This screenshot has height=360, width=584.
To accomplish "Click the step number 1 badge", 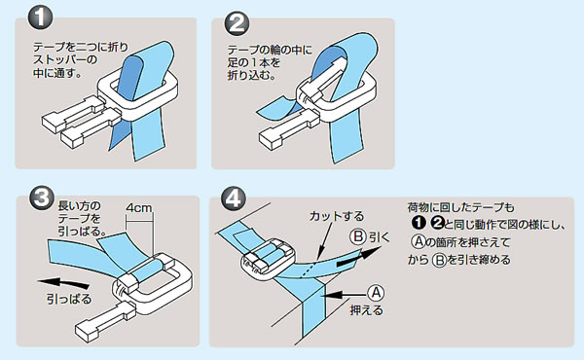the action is (x=40, y=18).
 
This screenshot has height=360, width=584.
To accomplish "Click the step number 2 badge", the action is (x=237, y=22).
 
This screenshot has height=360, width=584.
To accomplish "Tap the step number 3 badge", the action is (x=41, y=198).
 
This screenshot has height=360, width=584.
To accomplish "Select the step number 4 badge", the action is (x=234, y=198).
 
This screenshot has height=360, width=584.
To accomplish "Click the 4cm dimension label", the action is (x=139, y=207).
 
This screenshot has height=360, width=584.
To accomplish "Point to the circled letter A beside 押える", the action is (x=376, y=293).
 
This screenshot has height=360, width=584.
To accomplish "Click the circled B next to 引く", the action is (x=358, y=236).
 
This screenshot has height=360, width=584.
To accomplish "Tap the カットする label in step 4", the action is (x=337, y=216).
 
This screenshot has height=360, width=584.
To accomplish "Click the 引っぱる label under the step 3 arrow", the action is (x=69, y=300).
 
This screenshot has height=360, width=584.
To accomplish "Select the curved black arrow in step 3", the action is (x=63, y=283).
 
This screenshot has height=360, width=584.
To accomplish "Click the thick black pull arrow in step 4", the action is (x=359, y=257).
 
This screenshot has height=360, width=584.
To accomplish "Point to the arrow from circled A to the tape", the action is (x=346, y=295).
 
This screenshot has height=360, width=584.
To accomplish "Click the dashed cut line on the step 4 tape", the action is (x=308, y=270).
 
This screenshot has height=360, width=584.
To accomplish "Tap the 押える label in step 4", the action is (x=367, y=310).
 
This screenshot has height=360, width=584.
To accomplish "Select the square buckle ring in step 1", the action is (x=138, y=96).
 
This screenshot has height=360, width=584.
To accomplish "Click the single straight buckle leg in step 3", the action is (x=105, y=321).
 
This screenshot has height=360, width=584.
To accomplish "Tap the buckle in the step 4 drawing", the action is (x=268, y=259).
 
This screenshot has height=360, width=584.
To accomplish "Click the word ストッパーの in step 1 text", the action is (x=65, y=59).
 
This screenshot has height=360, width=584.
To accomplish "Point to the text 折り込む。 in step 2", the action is (x=252, y=75).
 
